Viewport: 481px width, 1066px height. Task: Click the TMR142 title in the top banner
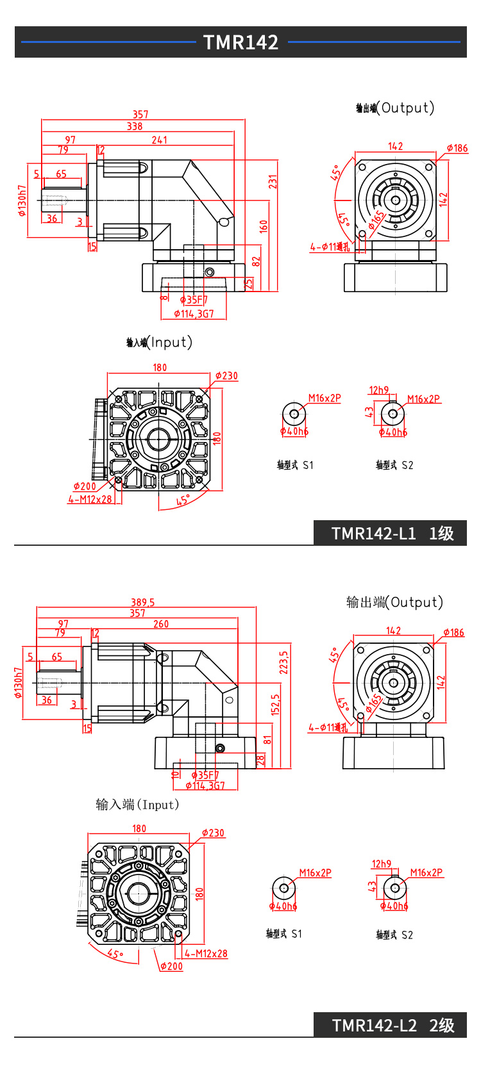240,42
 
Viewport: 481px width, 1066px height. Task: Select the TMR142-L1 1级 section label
392,534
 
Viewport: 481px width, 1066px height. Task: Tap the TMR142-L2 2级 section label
392,1025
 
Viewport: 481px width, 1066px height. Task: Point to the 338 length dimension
135,126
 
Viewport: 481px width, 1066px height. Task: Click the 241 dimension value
160,140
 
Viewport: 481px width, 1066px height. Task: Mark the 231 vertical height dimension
273,181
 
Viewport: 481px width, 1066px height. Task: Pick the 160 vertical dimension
264,226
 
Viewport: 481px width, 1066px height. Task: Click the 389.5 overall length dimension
142,602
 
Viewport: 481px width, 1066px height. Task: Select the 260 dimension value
161,624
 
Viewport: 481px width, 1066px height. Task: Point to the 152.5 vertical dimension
275,705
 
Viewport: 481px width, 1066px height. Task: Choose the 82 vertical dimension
257,261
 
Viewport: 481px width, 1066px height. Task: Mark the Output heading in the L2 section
394,602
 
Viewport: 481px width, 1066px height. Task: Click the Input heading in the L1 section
160,342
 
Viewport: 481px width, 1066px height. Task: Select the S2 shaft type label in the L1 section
394,465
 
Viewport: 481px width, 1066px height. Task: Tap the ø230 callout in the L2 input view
213,833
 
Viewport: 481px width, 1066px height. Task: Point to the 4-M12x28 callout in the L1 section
90,499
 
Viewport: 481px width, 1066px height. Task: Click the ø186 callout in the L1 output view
457,148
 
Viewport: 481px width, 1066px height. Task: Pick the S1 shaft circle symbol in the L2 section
283,888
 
